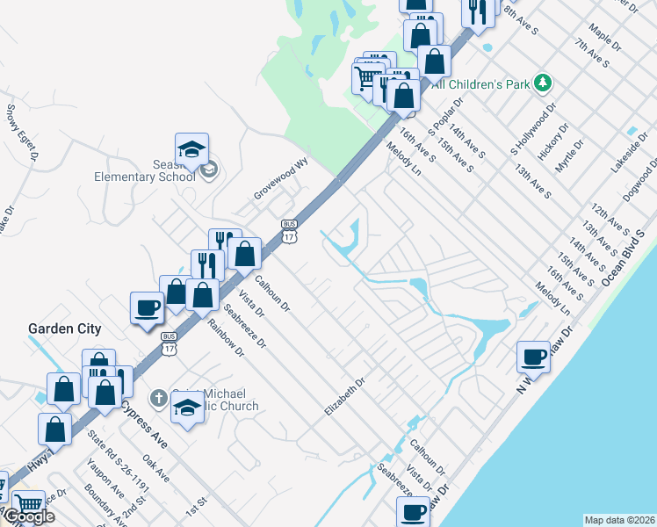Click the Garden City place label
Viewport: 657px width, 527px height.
coord(64,329)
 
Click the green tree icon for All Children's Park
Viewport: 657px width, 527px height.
coord(544,83)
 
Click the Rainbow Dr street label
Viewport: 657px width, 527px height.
coord(225,336)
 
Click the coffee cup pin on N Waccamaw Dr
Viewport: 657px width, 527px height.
coord(533,357)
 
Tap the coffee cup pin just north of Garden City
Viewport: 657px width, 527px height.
coord(147,307)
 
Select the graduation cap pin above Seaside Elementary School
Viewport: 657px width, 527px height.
coord(191,149)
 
